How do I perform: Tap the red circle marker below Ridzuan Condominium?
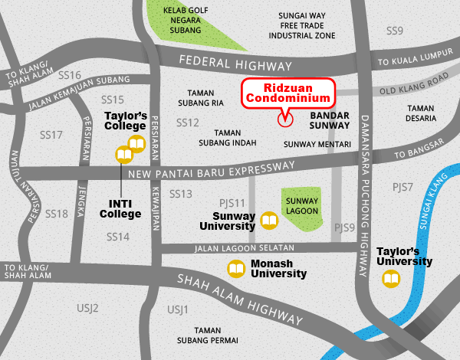(x=284, y=119)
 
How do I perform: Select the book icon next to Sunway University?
(x=269, y=221)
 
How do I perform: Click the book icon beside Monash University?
(x=236, y=269)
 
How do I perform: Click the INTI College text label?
(x=121, y=209)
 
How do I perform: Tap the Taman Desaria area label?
(x=421, y=114)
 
